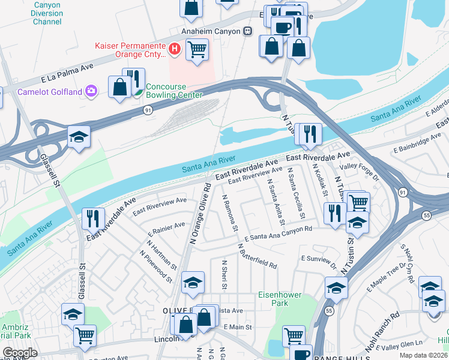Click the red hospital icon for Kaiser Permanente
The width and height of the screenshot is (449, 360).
(174, 49)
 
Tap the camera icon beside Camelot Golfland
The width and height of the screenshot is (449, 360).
(91, 91)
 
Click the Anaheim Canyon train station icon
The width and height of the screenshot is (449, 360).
(247, 31)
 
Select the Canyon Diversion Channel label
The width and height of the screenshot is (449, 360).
(39, 13)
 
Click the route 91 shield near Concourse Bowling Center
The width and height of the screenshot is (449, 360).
(148, 110)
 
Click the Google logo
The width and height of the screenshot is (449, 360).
(20, 353)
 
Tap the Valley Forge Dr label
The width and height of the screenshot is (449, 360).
(360, 173)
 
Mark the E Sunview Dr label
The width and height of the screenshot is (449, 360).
(319, 260)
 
